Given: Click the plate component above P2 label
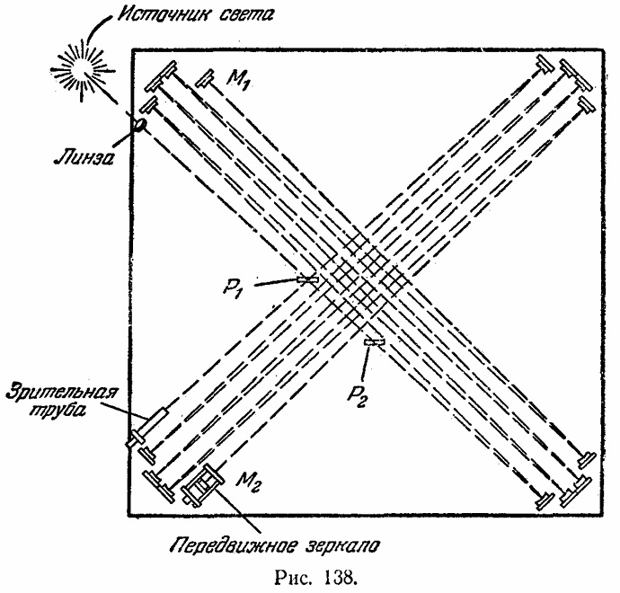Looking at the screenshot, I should coord(375,342).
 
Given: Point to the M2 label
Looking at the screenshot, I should coord(249,486).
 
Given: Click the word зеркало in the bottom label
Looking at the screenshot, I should coord(337,544).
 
